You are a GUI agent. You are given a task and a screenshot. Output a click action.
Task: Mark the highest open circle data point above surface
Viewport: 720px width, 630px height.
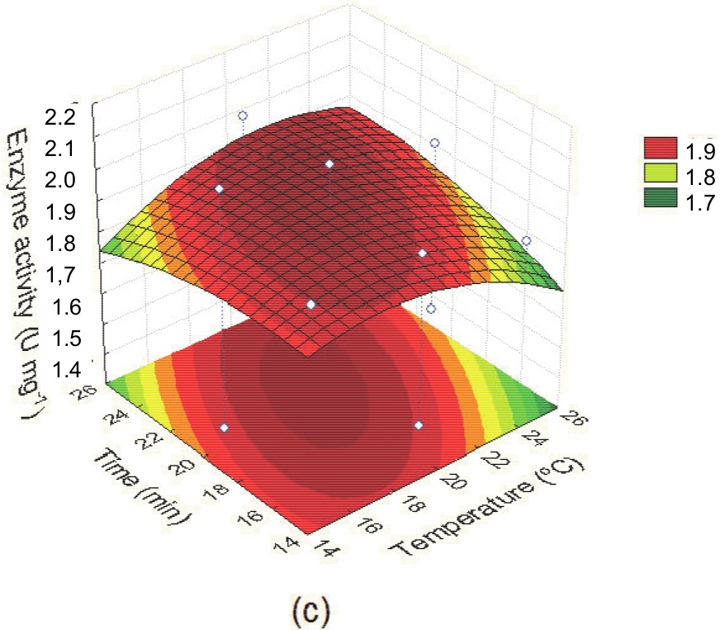(243, 116)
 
